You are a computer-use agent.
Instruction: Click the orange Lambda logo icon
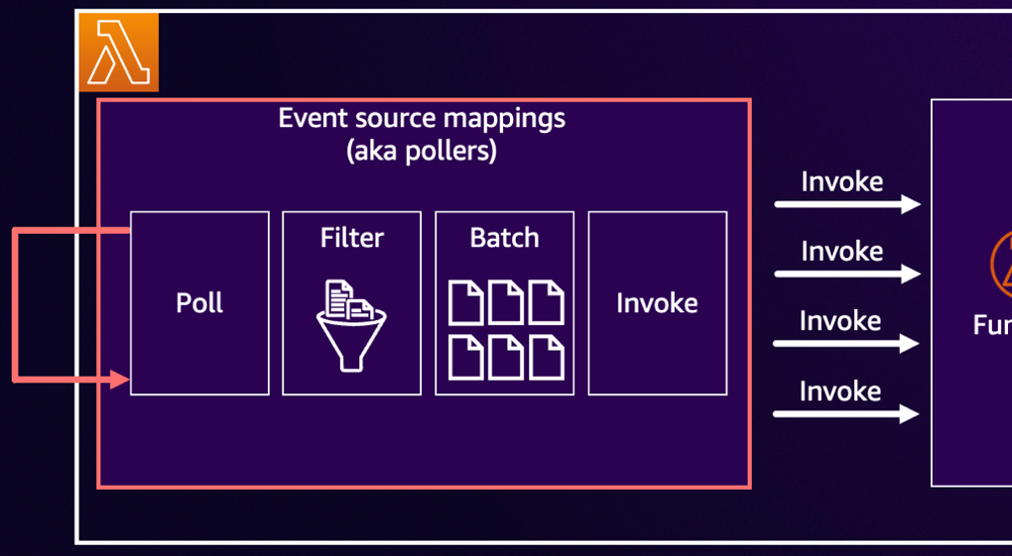click(x=118, y=53)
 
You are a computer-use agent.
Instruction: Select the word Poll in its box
click(x=199, y=302)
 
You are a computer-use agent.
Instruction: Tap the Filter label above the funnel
click(x=351, y=238)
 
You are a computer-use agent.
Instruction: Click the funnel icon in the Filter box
click(x=351, y=337)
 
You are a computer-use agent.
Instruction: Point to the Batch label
click(x=504, y=238)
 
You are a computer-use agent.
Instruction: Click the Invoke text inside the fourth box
click(x=657, y=302)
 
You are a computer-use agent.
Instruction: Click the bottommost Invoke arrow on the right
click(x=846, y=414)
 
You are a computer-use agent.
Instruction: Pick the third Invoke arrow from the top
click(x=846, y=344)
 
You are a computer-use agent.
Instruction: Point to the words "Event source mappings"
click(x=422, y=118)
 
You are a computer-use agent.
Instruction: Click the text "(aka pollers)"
click(x=422, y=152)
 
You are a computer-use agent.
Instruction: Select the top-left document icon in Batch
click(x=466, y=303)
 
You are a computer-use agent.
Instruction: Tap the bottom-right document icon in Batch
click(x=546, y=357)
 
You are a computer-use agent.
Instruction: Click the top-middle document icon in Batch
click(x=506, y=303)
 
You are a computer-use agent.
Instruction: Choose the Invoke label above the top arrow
click(x=841, y=181)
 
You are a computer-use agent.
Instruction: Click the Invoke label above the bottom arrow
click(x=840, y=391)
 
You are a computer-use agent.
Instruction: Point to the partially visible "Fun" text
click(x=991, y=325)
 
